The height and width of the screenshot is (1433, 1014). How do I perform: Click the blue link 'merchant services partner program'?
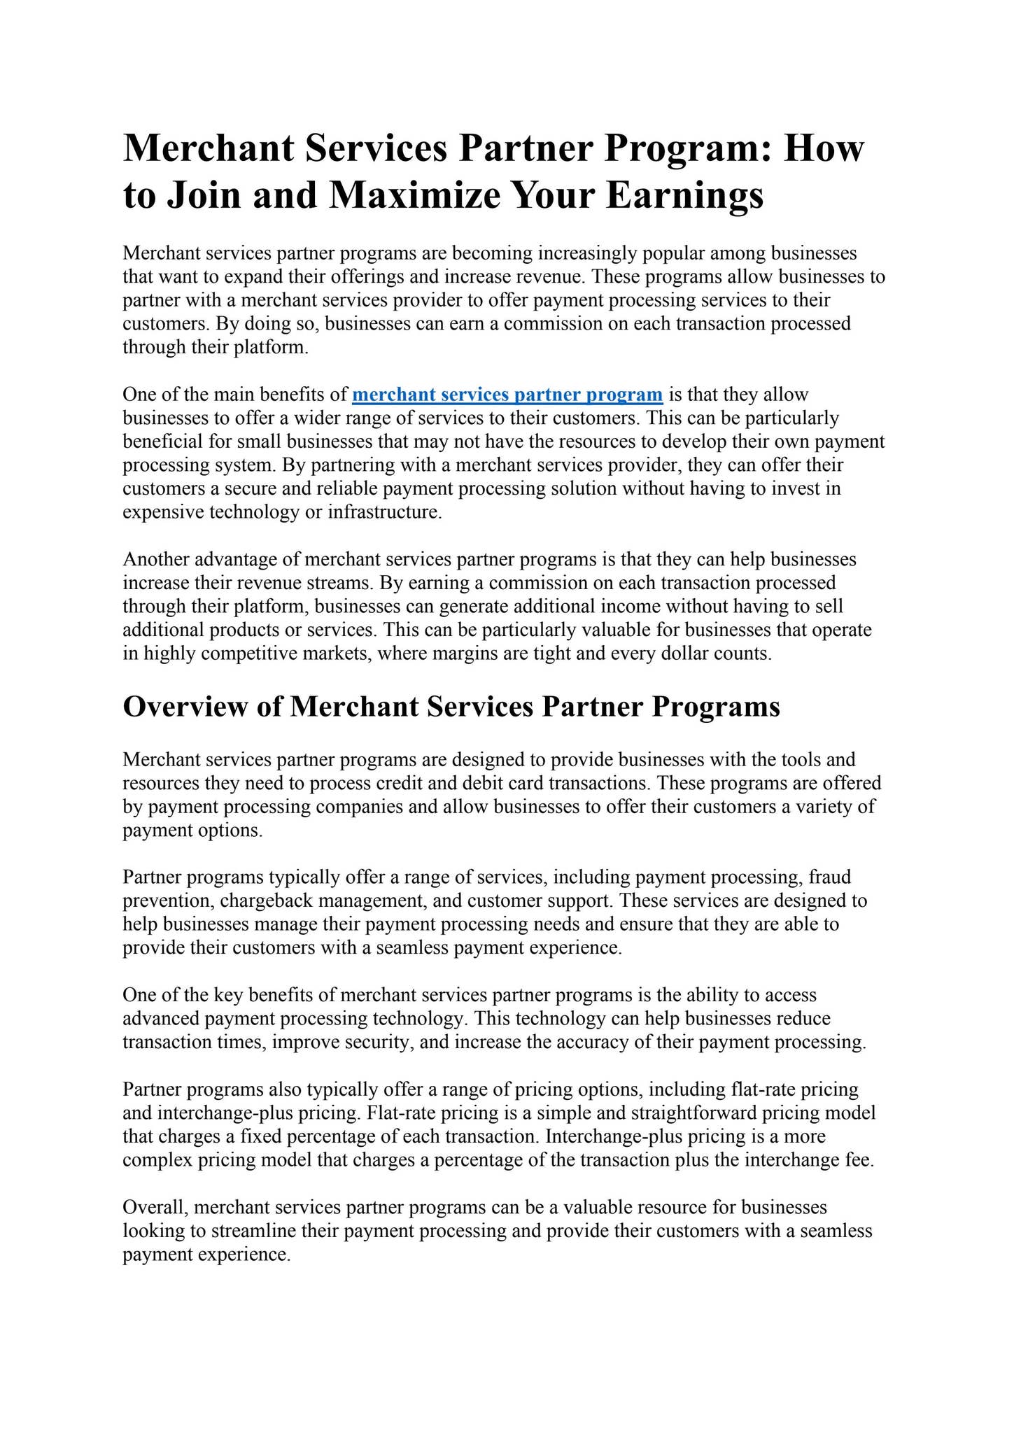point(507,395)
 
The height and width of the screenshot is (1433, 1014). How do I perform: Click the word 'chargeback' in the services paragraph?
point(259,901)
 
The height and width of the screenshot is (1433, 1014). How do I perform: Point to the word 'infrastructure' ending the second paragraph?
point(383,512)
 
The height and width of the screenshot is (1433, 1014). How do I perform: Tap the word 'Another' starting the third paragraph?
point(155,560)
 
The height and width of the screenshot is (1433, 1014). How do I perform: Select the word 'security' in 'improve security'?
point(378,1042)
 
